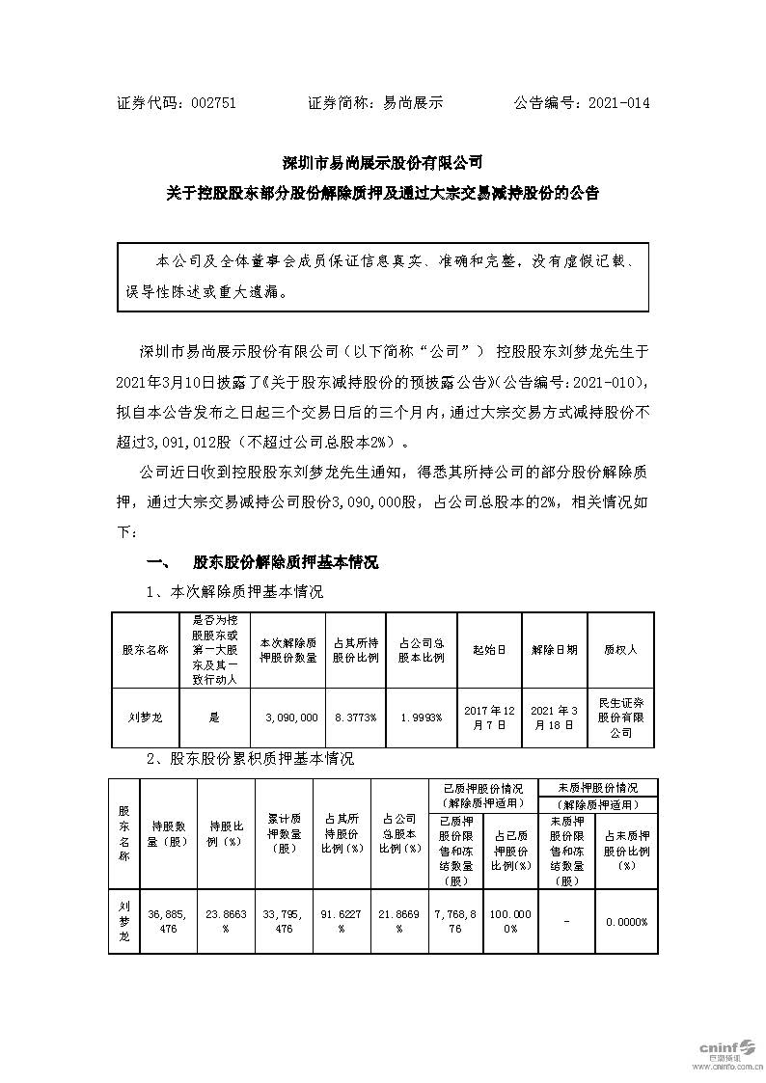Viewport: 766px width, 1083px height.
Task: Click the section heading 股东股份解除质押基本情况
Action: pos(286,562)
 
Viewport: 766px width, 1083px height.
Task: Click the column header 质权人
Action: pos(620,650)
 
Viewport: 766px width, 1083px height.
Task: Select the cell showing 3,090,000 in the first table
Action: pos(290,717)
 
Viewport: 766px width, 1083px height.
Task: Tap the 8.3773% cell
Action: pos(354,717)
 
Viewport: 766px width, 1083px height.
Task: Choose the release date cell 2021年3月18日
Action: pos(554,717)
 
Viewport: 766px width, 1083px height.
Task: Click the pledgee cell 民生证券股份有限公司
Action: pos(620,717)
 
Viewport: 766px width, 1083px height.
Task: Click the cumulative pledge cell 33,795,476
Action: pos(284,922)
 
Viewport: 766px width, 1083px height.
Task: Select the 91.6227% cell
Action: pos(342,922)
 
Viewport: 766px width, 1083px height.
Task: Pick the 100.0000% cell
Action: pos(509,922)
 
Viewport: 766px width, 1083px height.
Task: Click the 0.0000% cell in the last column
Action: pos(626,922)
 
